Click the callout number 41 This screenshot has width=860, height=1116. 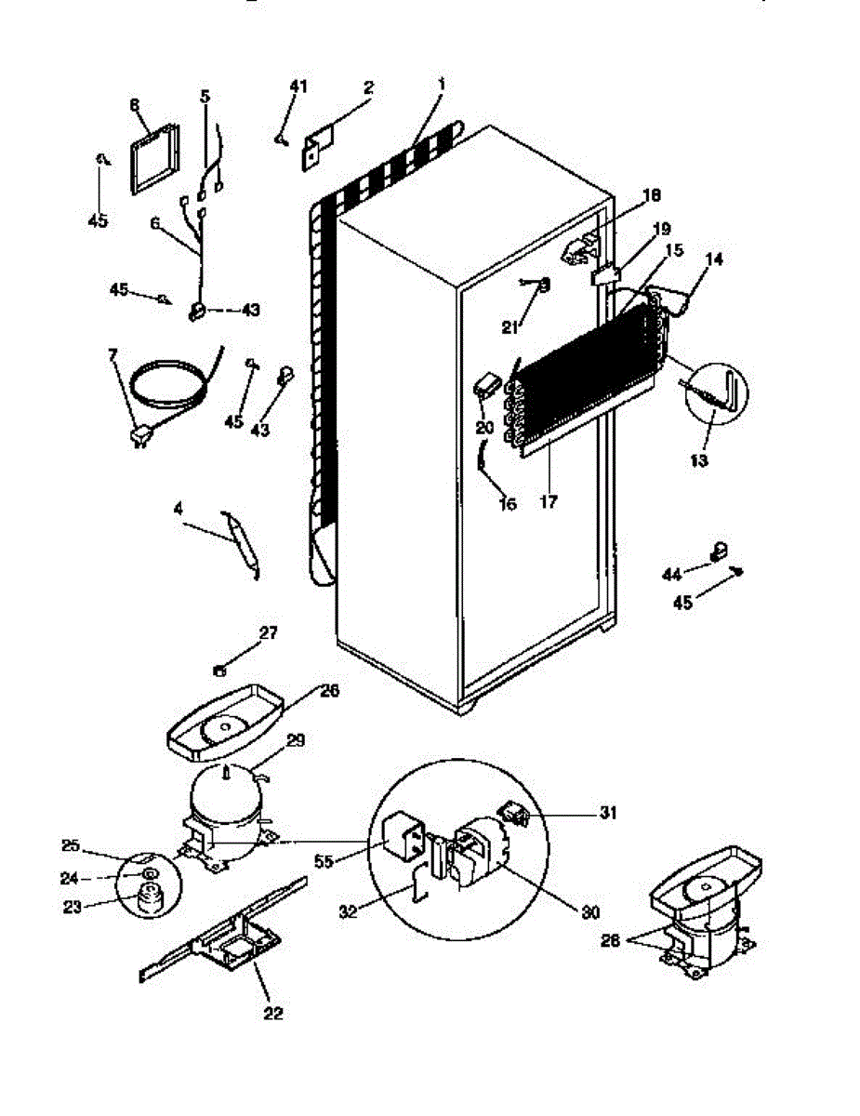click(298, 86)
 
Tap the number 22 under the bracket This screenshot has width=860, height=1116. click(272, 1013)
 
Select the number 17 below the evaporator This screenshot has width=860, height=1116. click(548, 502)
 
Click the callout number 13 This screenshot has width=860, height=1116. click(700, 459)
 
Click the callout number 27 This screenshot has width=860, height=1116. click(269, 633)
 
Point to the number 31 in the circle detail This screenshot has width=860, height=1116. click(607, 812)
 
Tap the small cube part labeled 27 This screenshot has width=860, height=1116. click(219, 667)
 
